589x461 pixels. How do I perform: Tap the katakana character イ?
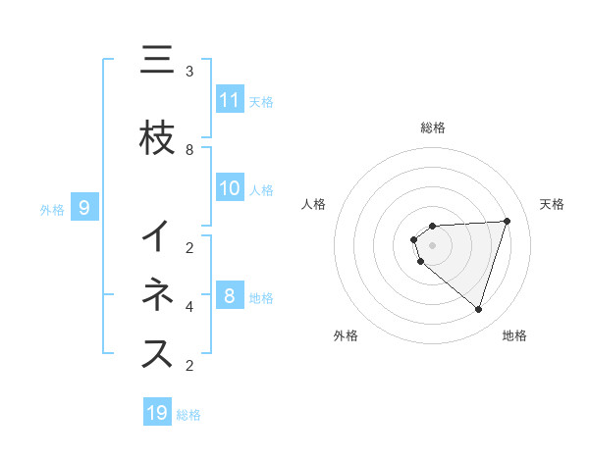(157, 237)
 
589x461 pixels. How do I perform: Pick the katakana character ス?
(157, 355)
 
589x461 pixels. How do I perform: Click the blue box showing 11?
(229, 100)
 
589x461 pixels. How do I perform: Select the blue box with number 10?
(229, 188)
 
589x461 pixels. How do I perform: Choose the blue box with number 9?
(84, 208)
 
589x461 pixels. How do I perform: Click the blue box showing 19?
(157, 413)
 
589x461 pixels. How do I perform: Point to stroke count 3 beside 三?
(189, 72)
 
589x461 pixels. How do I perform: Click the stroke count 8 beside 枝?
(189, 150)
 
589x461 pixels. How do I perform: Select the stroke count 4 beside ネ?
(189, 307)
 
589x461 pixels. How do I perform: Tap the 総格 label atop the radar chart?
(433, 128)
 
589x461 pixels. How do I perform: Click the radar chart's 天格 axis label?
(553, 204)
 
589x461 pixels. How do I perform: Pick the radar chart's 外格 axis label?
(346, 335)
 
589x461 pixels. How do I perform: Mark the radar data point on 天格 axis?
(507, 221)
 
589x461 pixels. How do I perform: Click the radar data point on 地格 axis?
(478, 309)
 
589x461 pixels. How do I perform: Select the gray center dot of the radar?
(433, 244)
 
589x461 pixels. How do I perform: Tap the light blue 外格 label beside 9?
(51, 209)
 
